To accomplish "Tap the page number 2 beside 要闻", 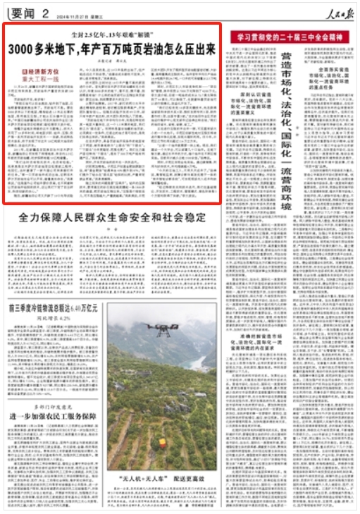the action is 44,12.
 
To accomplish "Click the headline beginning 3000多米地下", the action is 112,49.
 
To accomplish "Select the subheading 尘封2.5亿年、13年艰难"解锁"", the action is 112,34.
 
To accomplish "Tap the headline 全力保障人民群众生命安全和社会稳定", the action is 112,217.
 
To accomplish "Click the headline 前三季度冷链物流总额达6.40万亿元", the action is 54,288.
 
